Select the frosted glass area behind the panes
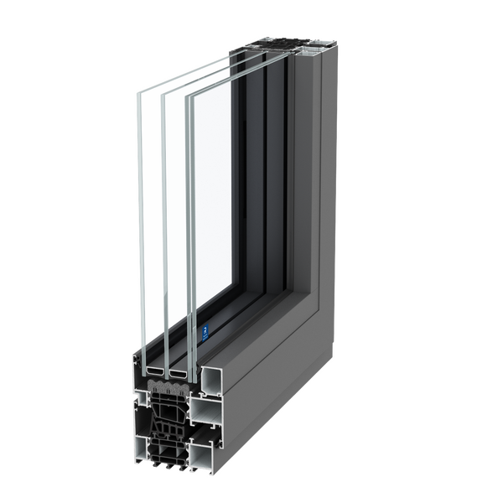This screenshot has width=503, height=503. point(226,193)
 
